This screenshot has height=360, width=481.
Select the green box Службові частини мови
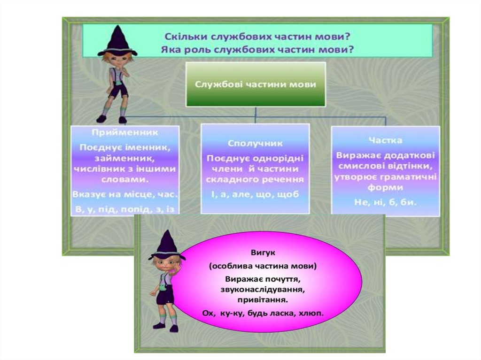point(255,84)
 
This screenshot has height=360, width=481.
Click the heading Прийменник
point(124,134)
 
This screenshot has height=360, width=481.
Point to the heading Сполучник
point(255,143)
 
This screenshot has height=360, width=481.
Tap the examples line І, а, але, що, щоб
point(255,195)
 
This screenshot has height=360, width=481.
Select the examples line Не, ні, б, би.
point(385,202)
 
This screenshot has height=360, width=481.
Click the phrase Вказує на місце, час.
point(124,193)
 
